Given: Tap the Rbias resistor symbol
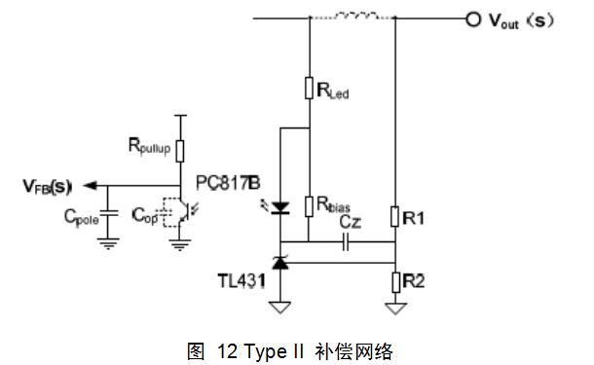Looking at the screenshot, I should (309, 203).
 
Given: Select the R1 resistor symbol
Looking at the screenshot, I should (395, 215).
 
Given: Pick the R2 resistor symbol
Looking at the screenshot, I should (395, 282).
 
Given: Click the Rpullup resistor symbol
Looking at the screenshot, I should (181, 148).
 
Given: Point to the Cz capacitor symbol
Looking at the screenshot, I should (348, 242).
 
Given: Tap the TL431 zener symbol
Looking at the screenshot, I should (280, 262).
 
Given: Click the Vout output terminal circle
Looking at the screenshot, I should (473, 18).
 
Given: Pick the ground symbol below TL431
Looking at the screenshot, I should (280, 310).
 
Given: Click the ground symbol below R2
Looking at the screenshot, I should (395, 310).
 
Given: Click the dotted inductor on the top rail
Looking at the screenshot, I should (352, 17).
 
